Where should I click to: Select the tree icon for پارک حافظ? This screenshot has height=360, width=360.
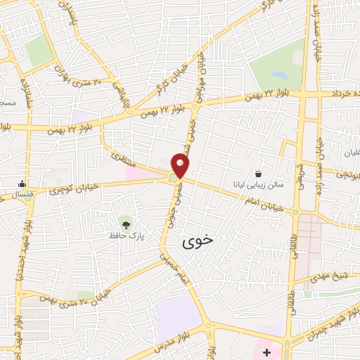(x=126, y=224)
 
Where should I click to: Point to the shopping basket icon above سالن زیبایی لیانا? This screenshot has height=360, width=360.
(x=259, y=174)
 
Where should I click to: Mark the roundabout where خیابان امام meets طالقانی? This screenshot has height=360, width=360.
(x=295, y=211)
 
